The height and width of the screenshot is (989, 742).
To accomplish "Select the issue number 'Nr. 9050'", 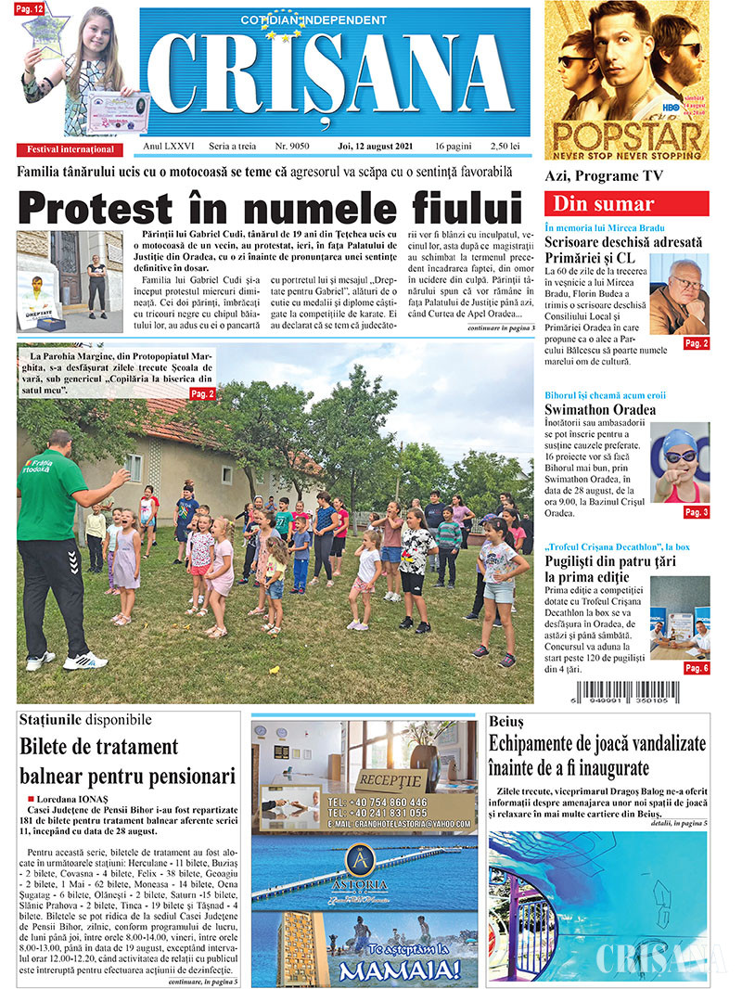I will pos(292,148).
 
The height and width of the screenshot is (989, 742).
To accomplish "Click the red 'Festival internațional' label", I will pos(71,149).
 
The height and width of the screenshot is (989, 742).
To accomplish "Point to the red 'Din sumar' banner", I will pos(626,204).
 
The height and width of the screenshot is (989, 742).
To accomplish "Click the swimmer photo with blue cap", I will pos(680,462).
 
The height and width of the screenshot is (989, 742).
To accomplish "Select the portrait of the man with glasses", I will pos(679,293).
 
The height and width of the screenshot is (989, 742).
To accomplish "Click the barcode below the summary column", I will pos(626,692).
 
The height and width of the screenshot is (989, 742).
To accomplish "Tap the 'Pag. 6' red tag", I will pos(696,668).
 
